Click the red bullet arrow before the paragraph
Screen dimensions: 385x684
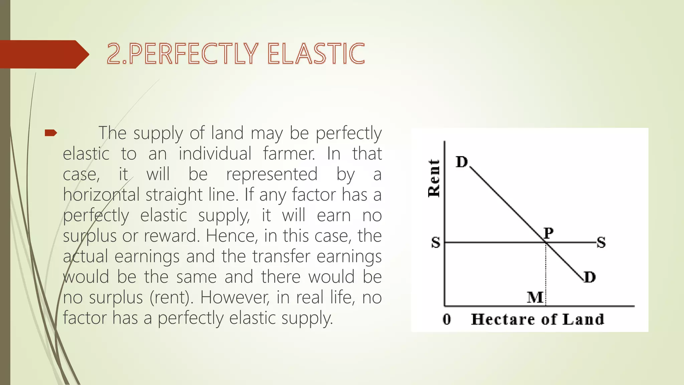pyautogui.click(x=51, y=133)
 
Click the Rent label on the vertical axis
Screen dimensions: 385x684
pyautogui.click(x=434, y=178)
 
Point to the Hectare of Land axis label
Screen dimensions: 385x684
pyautogui.click(x=537, y=319)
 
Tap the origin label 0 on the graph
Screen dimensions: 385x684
pyautogui.click(x=447, y=319)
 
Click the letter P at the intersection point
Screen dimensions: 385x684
pyautogui.click(x=548, y=233)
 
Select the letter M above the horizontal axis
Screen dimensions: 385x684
pyautogui.click(x=535, y=297)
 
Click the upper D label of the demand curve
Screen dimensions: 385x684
pyautogui.click(x=462, y=162)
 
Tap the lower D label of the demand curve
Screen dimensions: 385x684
pyautogui.click(x=590, y=277)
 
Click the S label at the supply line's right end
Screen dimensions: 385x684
pyautogui.click(x=601, y=243)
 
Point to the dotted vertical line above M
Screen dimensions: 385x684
pyautogui.click(x=546, y=271)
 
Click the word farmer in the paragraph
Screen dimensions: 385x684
pyautogui.click(x=289, y=154)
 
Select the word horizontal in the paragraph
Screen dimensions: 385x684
pyautogui.click(x=101, y=195)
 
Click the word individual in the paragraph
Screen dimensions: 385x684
pyautogui.click(x=215, y=154)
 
